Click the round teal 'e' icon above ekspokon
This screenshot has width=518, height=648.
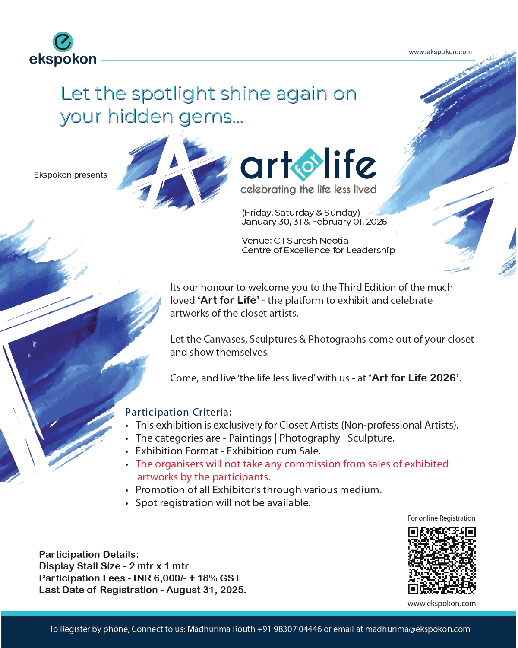63,42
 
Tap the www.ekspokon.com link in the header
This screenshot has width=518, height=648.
440,52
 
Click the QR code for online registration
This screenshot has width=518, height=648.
442,560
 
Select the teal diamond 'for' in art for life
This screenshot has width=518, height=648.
307,165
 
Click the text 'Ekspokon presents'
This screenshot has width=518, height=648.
70,175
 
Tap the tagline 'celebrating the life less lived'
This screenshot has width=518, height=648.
308,190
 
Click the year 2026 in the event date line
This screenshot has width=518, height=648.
376,222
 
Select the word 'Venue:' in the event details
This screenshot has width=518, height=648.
256,241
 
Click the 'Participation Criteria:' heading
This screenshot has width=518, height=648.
178,412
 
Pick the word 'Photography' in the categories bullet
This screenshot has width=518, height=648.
310,438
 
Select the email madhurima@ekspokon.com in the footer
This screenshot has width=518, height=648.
417,629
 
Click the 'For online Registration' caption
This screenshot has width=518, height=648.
441,518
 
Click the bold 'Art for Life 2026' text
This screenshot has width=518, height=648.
414,378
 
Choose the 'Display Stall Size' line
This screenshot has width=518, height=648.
114,566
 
